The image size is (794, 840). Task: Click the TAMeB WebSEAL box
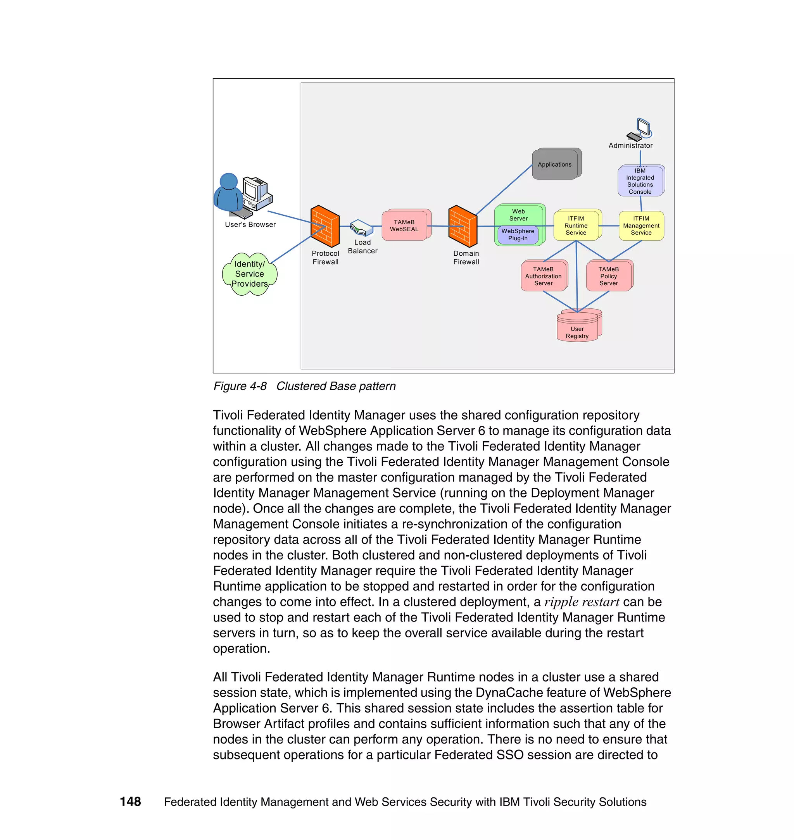[x=404, y=225]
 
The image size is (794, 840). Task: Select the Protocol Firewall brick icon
[x=325, y=226]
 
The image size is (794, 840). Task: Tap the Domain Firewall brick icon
[x=463, y=226]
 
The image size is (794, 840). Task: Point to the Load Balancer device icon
[x=361, y=227]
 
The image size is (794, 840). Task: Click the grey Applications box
[x=555, y=165]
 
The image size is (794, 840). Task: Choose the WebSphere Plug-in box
[x=518, y=235]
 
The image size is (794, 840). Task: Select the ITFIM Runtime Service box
[x=576, y=225]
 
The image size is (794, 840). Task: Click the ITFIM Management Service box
[x=641, y=225]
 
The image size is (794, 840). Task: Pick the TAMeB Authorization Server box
[x=543, y=276]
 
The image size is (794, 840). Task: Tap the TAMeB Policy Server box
[x=608, y=276]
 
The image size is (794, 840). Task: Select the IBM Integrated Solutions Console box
[x=640, y=181]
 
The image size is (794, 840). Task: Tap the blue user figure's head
[x=229, y=181]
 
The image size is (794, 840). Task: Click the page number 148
[x=130, y=802]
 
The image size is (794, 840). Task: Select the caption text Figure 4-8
[x=240, y=386]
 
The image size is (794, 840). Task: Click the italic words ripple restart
[x=582, y=602]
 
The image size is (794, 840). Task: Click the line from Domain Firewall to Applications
[x=504, y=190]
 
